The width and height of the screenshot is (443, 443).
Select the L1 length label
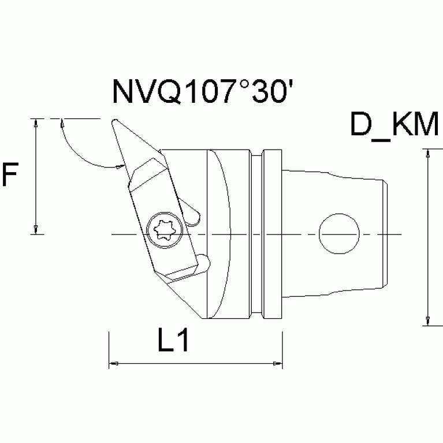[173, 343]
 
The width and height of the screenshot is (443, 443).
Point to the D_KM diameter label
[395, 126]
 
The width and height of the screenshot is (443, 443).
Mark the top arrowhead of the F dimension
[36, 123]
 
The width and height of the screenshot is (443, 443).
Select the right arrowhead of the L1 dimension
[278, 364]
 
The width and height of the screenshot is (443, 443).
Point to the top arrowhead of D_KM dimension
[427, 153]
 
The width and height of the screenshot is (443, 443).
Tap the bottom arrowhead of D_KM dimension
[427, 321]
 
